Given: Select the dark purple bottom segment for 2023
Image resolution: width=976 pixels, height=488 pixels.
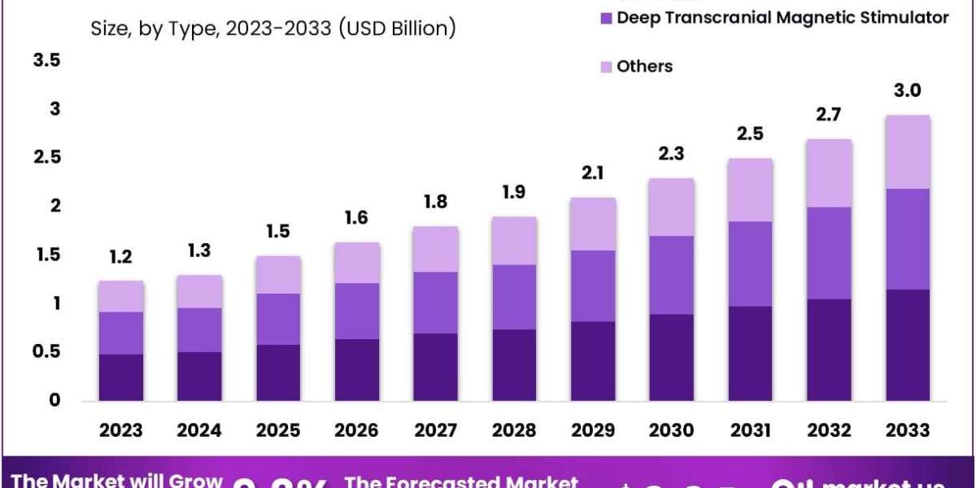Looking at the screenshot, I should click(121, 377).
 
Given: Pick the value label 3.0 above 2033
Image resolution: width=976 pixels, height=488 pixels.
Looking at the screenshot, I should click(908, 90).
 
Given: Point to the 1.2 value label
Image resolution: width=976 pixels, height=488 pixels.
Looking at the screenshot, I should click(121, 257).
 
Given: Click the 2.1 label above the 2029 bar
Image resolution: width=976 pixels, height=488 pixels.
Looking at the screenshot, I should click(593, 173).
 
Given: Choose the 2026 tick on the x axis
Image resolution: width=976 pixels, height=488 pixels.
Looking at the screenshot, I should click(357, 429).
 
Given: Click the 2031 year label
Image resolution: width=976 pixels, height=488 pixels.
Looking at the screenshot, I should click(751, 429).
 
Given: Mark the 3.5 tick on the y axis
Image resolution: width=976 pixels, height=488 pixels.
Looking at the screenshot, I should click(46, 60).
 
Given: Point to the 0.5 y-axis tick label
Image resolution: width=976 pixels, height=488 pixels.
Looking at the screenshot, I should click(46, 352).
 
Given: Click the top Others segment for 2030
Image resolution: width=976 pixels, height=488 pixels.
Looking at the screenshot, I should click(672, 207).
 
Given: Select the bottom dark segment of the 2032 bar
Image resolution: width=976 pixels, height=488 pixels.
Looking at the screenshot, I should click(830, 350).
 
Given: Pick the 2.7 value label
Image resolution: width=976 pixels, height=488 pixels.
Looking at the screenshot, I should click(829, 115).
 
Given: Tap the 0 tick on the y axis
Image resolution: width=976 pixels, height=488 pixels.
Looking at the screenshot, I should click(54, 400).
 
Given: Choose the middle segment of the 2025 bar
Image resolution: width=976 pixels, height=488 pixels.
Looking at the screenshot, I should click(278, 319).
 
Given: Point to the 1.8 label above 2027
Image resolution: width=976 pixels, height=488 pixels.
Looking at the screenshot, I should click(435, 203).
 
